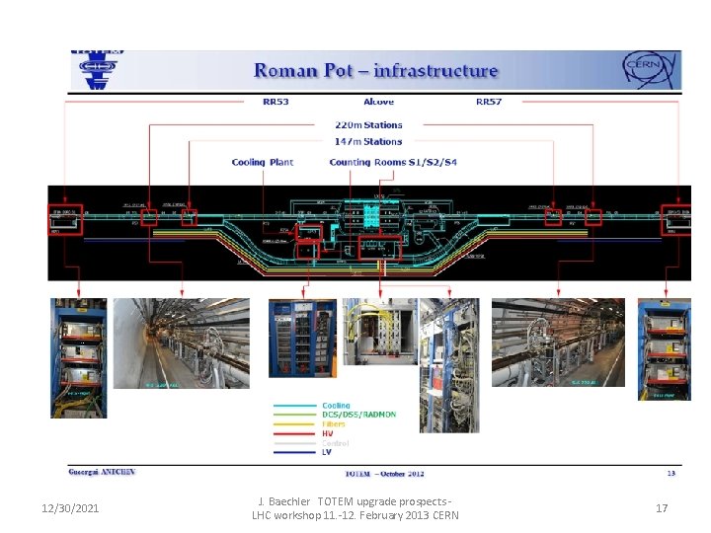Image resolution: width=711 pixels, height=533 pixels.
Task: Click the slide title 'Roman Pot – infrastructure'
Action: coord(375,71)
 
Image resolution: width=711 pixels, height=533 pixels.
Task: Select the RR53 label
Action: coord(275,102)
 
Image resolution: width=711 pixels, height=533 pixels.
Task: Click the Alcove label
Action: coord(377,102)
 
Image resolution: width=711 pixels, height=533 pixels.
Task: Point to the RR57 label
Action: coord(489,102)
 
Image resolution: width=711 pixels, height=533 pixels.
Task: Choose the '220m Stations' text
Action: coord(369,125)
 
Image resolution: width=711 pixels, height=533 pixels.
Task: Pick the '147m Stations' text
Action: coord(369,141)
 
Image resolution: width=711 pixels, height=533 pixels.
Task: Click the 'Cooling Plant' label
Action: coord(262,162)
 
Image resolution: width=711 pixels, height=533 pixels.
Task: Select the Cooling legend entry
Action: coord(336,406)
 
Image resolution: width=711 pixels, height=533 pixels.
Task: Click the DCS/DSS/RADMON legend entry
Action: coord(358,415)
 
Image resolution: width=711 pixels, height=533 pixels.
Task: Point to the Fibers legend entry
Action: coord(334,424)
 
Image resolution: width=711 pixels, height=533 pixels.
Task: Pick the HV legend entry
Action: coord(328,433)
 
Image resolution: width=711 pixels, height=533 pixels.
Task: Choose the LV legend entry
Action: coord(328,452)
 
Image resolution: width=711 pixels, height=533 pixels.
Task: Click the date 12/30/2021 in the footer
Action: coord(69,508)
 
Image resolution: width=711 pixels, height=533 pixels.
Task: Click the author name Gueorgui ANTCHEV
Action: coord(101,473)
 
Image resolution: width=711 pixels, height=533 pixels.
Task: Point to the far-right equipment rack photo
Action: coord(664,350)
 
